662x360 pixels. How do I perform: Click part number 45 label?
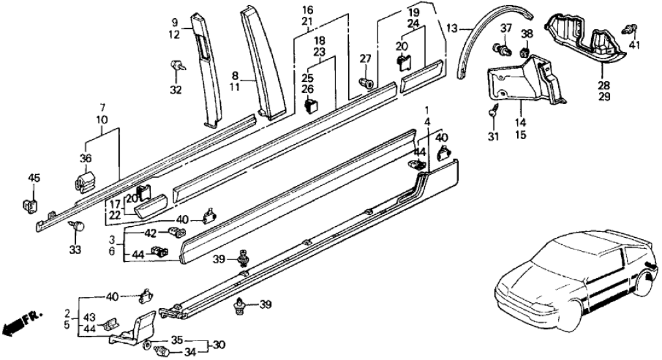34,179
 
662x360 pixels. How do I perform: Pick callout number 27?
366,60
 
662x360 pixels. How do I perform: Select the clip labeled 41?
630,28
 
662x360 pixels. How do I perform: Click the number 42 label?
150,232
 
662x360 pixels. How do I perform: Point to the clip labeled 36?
83,181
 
